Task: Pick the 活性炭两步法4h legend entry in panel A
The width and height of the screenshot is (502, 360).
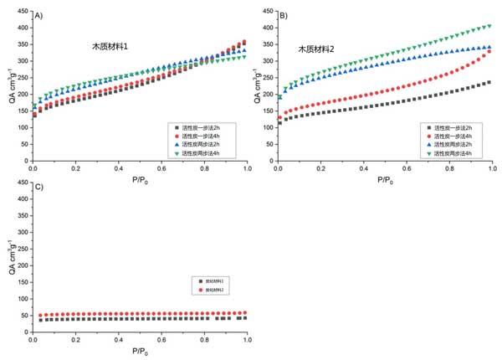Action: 203,153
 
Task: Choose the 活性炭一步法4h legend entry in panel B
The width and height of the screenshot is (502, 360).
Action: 445,136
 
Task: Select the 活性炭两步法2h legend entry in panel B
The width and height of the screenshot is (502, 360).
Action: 445,144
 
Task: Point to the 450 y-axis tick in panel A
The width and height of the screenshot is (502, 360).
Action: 24,12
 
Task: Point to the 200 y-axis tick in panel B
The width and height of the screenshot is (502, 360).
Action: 270,91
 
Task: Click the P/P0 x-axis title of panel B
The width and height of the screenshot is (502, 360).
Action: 383,180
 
